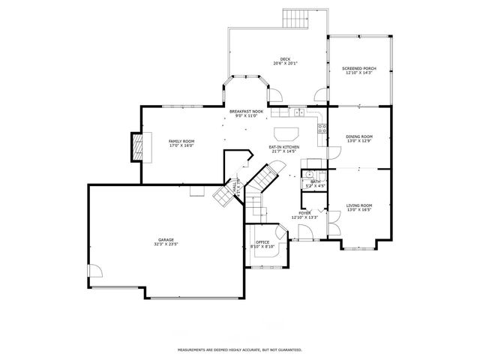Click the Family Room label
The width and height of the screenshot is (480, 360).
click(x=181, y=142)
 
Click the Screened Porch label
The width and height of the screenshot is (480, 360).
click(x=360, y=68)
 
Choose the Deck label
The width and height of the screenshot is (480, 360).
click(x=285, y=58)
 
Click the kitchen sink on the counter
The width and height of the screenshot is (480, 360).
click(x=298, y=113)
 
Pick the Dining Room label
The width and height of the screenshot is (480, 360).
click(x=358, y=136)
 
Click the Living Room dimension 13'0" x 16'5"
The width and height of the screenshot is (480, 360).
click(x=358, y=209)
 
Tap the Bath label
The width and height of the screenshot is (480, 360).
click(x=315, y=181)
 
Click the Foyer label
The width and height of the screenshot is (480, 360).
click(x=304, y=213)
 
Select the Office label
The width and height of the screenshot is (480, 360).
click(x=262, y=242)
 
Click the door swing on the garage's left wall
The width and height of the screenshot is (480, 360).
click(x=94, y=272)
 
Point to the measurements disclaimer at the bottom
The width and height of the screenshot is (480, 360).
click(x=239, y=349)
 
